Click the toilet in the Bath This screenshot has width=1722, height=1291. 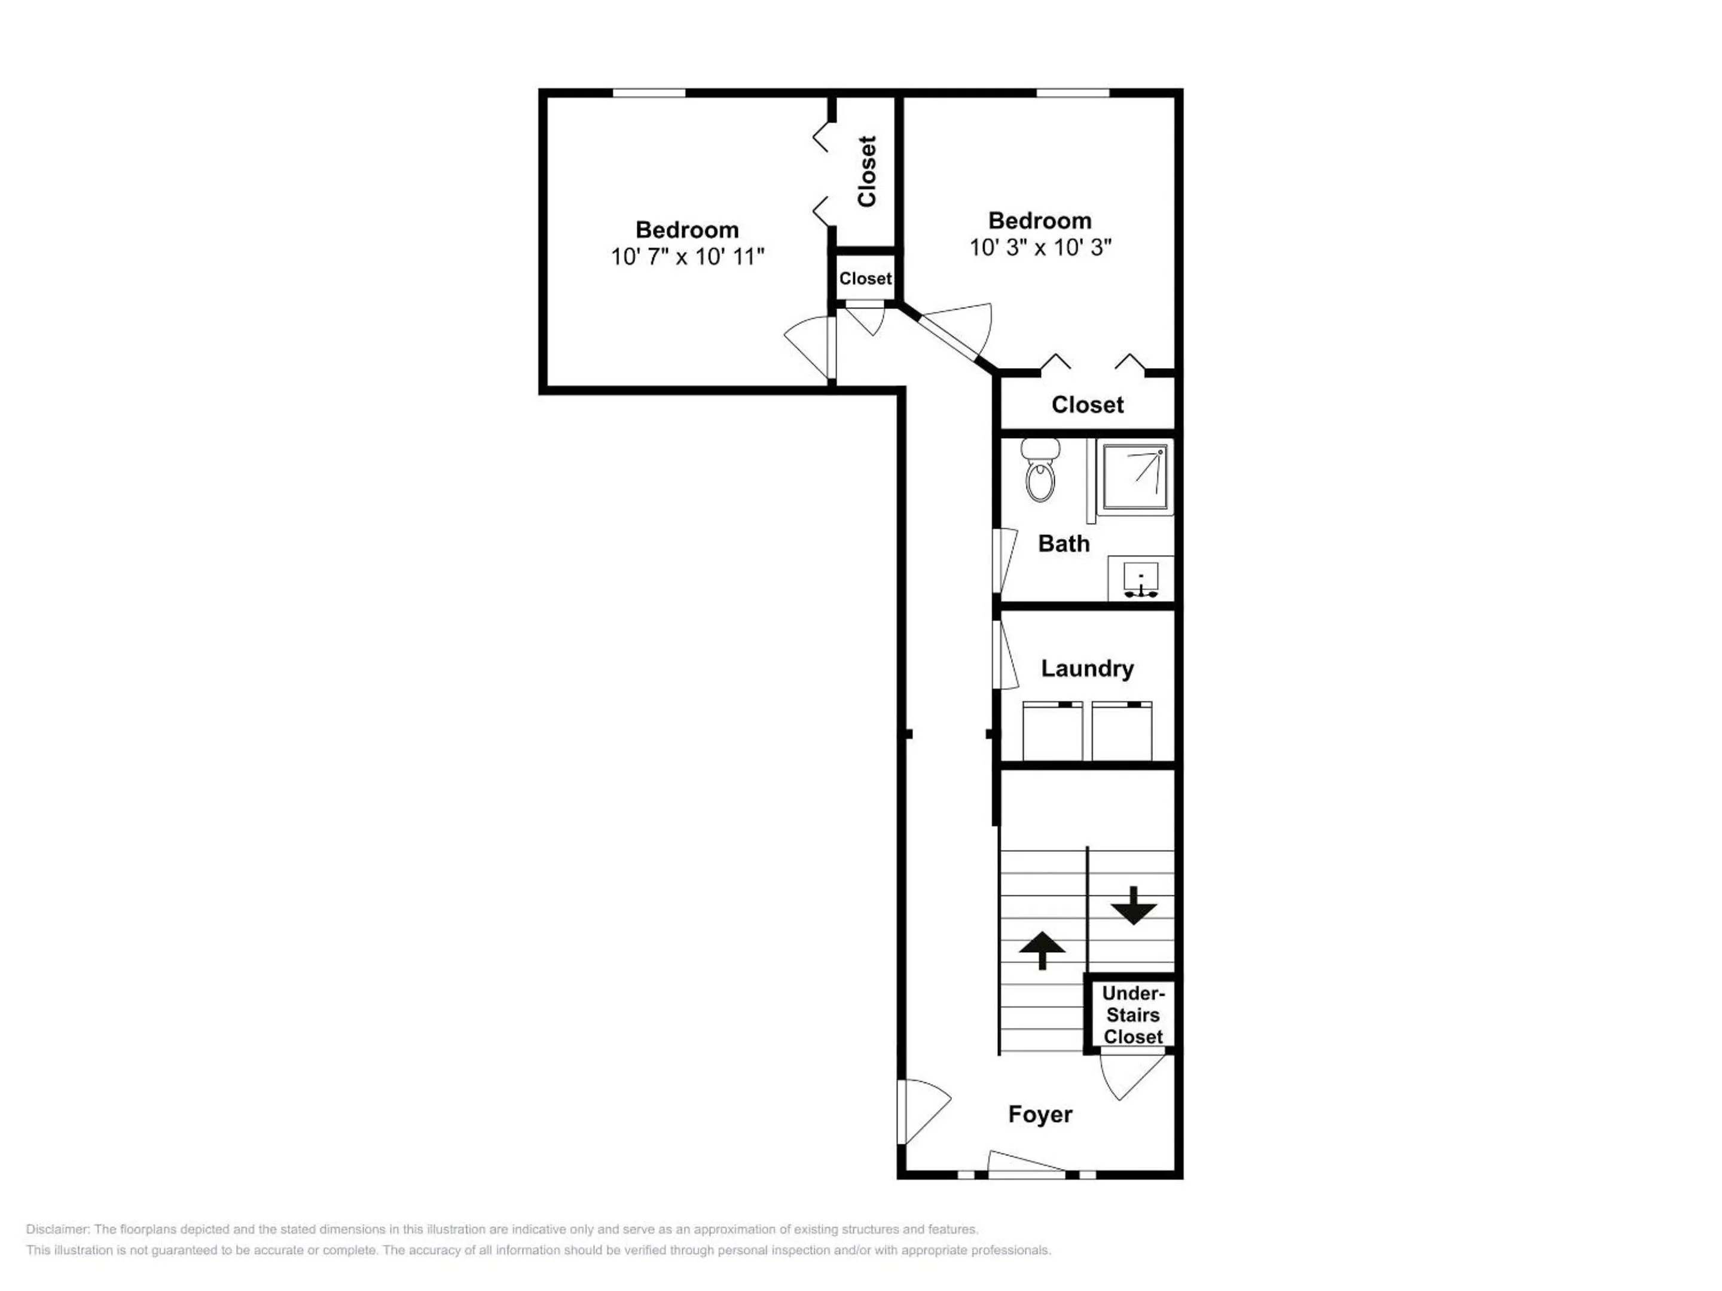(x=1040, y=470)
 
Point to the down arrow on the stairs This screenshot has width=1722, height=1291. (x=1134, y=905)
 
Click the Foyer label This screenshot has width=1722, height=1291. (x=1040, y=1114)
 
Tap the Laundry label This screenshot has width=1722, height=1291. (x=1087, y=668)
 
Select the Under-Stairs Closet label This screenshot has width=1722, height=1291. (x=1134, y=1015)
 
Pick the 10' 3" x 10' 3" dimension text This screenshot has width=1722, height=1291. (x=1040, y=247)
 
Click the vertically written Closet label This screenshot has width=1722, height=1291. (x=866, y=171)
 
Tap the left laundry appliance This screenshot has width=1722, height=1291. (x=1052, y=731)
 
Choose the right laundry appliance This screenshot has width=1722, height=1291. (x=1122, y=731)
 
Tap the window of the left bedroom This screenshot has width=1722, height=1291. (x=649, y=93)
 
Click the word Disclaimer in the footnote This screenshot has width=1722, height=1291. (x=57, y=1230)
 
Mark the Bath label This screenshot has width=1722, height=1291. (x=1064, y=543)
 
